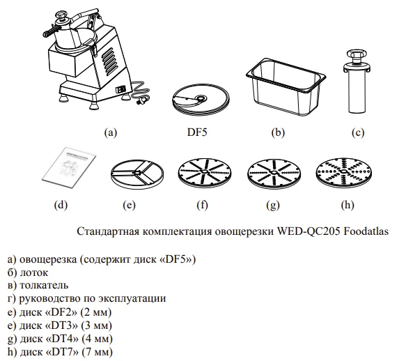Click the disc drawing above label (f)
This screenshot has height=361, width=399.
pos(203,172)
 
